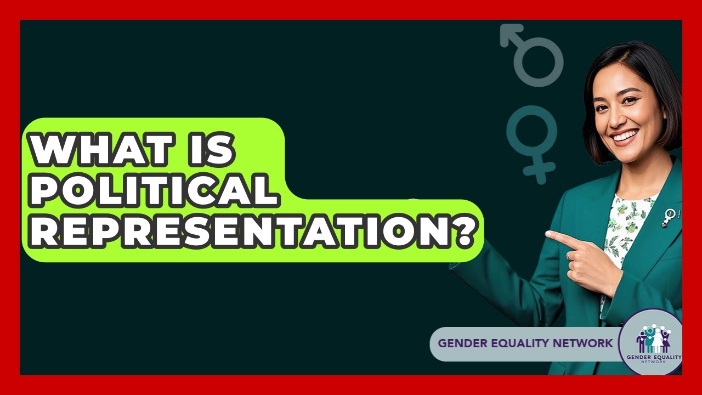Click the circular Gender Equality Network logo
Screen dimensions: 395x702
click(x=653, y=343)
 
